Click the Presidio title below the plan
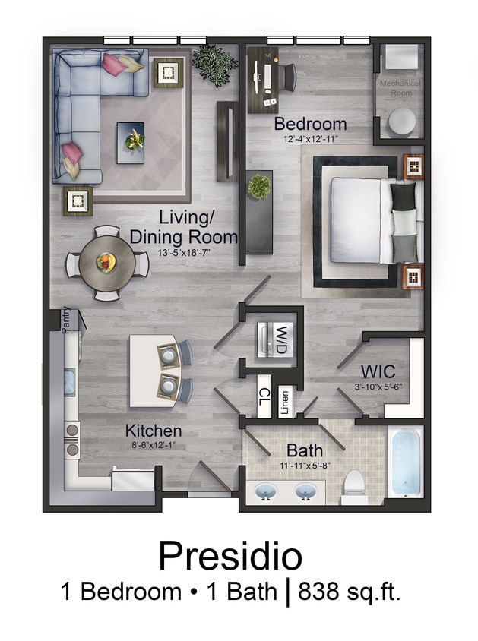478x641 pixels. point(230,557)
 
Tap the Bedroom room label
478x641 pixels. point(310,124)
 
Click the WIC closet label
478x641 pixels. point(378,373)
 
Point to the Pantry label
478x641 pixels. point(66,319)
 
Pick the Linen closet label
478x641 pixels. point(284,402)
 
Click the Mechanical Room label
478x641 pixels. point(400,88)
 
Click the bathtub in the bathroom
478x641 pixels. point(406,461)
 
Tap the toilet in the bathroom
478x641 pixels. point(353,487)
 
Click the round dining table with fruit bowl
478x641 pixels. point(107,263)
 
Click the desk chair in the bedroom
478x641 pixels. point(288,76)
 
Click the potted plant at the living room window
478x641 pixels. point(214,63)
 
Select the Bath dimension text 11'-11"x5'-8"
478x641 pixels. point(304,466)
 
